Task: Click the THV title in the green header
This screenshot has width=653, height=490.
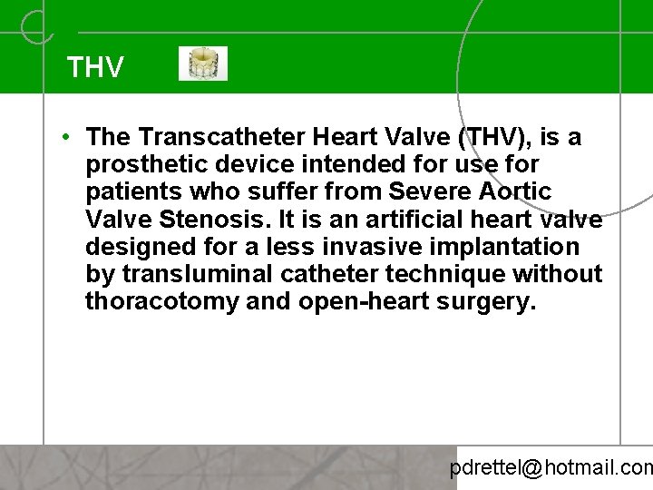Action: click(x=95, y=67)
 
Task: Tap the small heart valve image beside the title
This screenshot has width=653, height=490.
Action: click(x=203, y=64)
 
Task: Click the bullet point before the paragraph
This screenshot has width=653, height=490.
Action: click(x=68, y=137)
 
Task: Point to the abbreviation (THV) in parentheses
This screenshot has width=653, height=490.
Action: click(x=499, y=137)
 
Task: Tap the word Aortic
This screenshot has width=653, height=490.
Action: click(x=518, y=191)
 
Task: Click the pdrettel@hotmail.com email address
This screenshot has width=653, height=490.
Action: click(x=551, y=468)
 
